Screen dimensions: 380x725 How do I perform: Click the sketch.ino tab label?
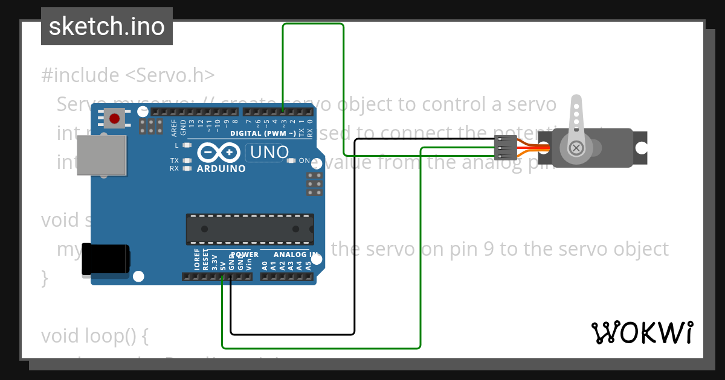pos(106,27)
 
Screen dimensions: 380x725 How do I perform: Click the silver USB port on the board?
pos(101,155)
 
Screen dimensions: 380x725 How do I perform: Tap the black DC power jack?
pos(106,259)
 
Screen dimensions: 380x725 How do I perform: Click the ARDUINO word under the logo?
pos(221,169)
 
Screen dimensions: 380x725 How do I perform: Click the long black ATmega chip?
pos(250,229)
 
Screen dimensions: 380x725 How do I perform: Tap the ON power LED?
pos(291,160)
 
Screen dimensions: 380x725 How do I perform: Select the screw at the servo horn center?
pos(577,147)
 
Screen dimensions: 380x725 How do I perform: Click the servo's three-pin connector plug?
pos(504,147)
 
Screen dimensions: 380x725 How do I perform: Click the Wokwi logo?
pos(642,332)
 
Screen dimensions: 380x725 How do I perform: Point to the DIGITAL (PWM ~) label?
pos(263,133)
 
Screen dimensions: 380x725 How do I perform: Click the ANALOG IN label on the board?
pos(295,255)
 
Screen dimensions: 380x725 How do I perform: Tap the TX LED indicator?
pos(187,160)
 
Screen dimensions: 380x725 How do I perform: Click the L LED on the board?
pos(187,145)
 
